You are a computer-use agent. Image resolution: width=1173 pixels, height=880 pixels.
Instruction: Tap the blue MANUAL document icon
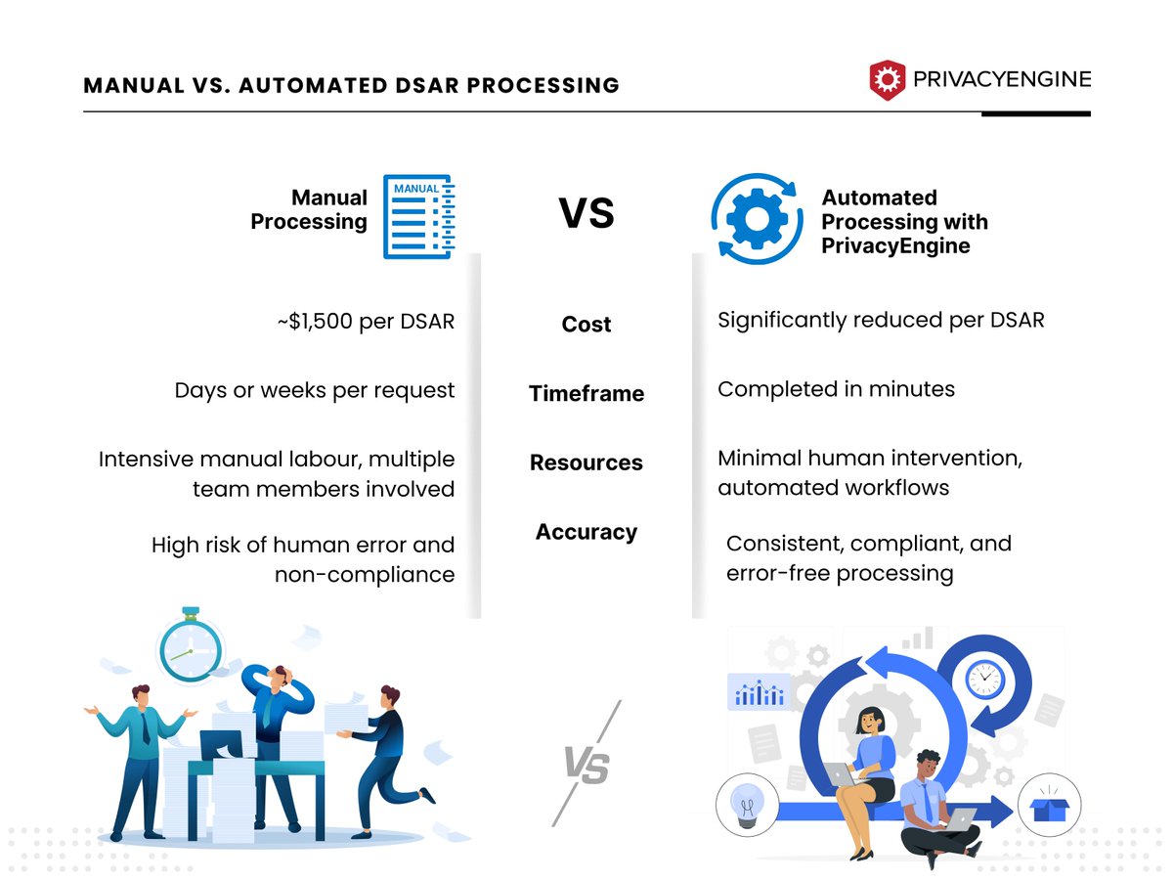[418, 216]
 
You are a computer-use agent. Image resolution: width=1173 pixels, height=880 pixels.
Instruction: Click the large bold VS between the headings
[586, 213]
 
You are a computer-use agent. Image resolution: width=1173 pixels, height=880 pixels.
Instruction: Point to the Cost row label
[586, 325]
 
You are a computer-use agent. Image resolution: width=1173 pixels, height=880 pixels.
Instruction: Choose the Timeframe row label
[586, 394]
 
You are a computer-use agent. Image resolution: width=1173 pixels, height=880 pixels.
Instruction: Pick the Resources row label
[586, 462]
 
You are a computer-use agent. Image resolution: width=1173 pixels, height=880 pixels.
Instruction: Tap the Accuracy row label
[586, 532]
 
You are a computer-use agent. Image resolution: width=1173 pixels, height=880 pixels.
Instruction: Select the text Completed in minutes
[836, 389]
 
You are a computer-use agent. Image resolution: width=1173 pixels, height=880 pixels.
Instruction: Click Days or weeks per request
[315, 390]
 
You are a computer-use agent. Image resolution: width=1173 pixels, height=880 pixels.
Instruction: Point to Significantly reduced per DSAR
[881, 320]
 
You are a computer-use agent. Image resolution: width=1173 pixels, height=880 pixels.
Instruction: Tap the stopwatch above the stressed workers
[192, 647]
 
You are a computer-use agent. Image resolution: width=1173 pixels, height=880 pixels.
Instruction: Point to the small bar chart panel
[759, 692]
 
